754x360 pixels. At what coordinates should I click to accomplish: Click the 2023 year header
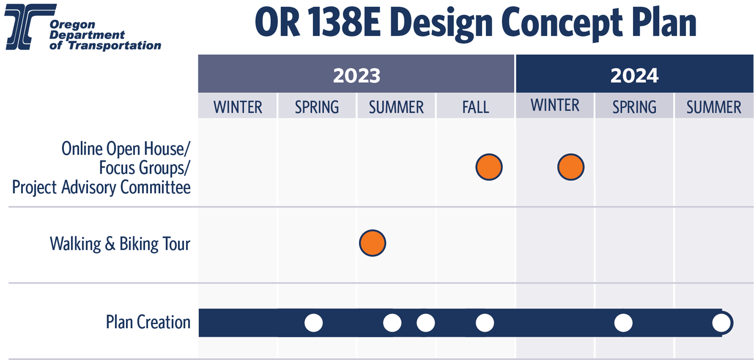click(356, 75)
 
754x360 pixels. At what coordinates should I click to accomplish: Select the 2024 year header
click(635, 75)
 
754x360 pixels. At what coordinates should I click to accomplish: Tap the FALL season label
click(475, 107)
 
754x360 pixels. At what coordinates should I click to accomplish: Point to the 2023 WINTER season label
click(238, 107)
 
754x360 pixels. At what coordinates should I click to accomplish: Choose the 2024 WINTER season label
click(555, 105)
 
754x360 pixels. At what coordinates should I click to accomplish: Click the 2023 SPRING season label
click(317, 107)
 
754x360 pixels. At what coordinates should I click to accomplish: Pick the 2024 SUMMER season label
click(714, 107)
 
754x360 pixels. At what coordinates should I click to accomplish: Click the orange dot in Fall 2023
click(489, 167)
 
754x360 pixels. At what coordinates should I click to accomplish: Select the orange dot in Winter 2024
click(571, 167)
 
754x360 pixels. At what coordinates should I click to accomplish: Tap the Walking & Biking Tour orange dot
click(372, 243)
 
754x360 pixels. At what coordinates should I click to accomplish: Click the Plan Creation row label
click(148, 322)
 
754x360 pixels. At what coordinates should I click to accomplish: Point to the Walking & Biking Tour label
click(120, 244)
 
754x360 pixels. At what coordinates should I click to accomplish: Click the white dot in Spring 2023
click(314, 323)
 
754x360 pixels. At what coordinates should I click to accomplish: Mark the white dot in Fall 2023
click(485, 323)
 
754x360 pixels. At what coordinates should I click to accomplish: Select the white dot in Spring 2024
click(624, 323)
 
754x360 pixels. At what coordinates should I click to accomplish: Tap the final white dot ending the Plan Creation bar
click(722, 323)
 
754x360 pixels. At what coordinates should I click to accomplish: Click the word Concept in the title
click(562, 23)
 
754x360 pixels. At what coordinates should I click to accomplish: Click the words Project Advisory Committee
click(101, 187)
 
